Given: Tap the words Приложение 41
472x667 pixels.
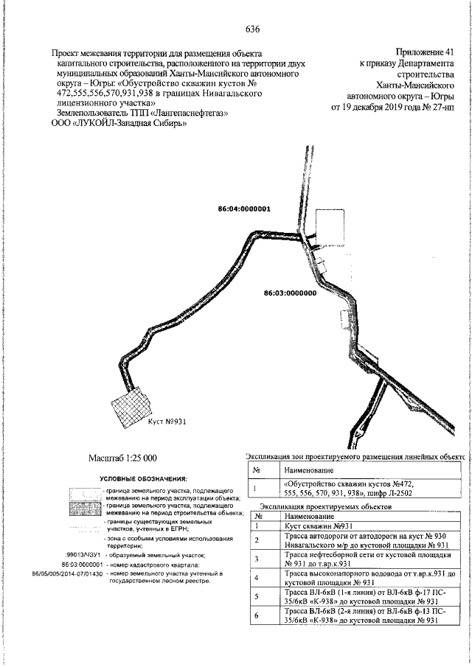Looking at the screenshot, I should click(426, 53).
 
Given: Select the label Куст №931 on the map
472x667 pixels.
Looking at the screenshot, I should click(166, 424).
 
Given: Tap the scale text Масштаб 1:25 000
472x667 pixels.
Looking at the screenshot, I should click(122, 458).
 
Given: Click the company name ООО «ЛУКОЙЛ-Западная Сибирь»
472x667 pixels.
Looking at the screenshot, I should click(118, 125).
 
